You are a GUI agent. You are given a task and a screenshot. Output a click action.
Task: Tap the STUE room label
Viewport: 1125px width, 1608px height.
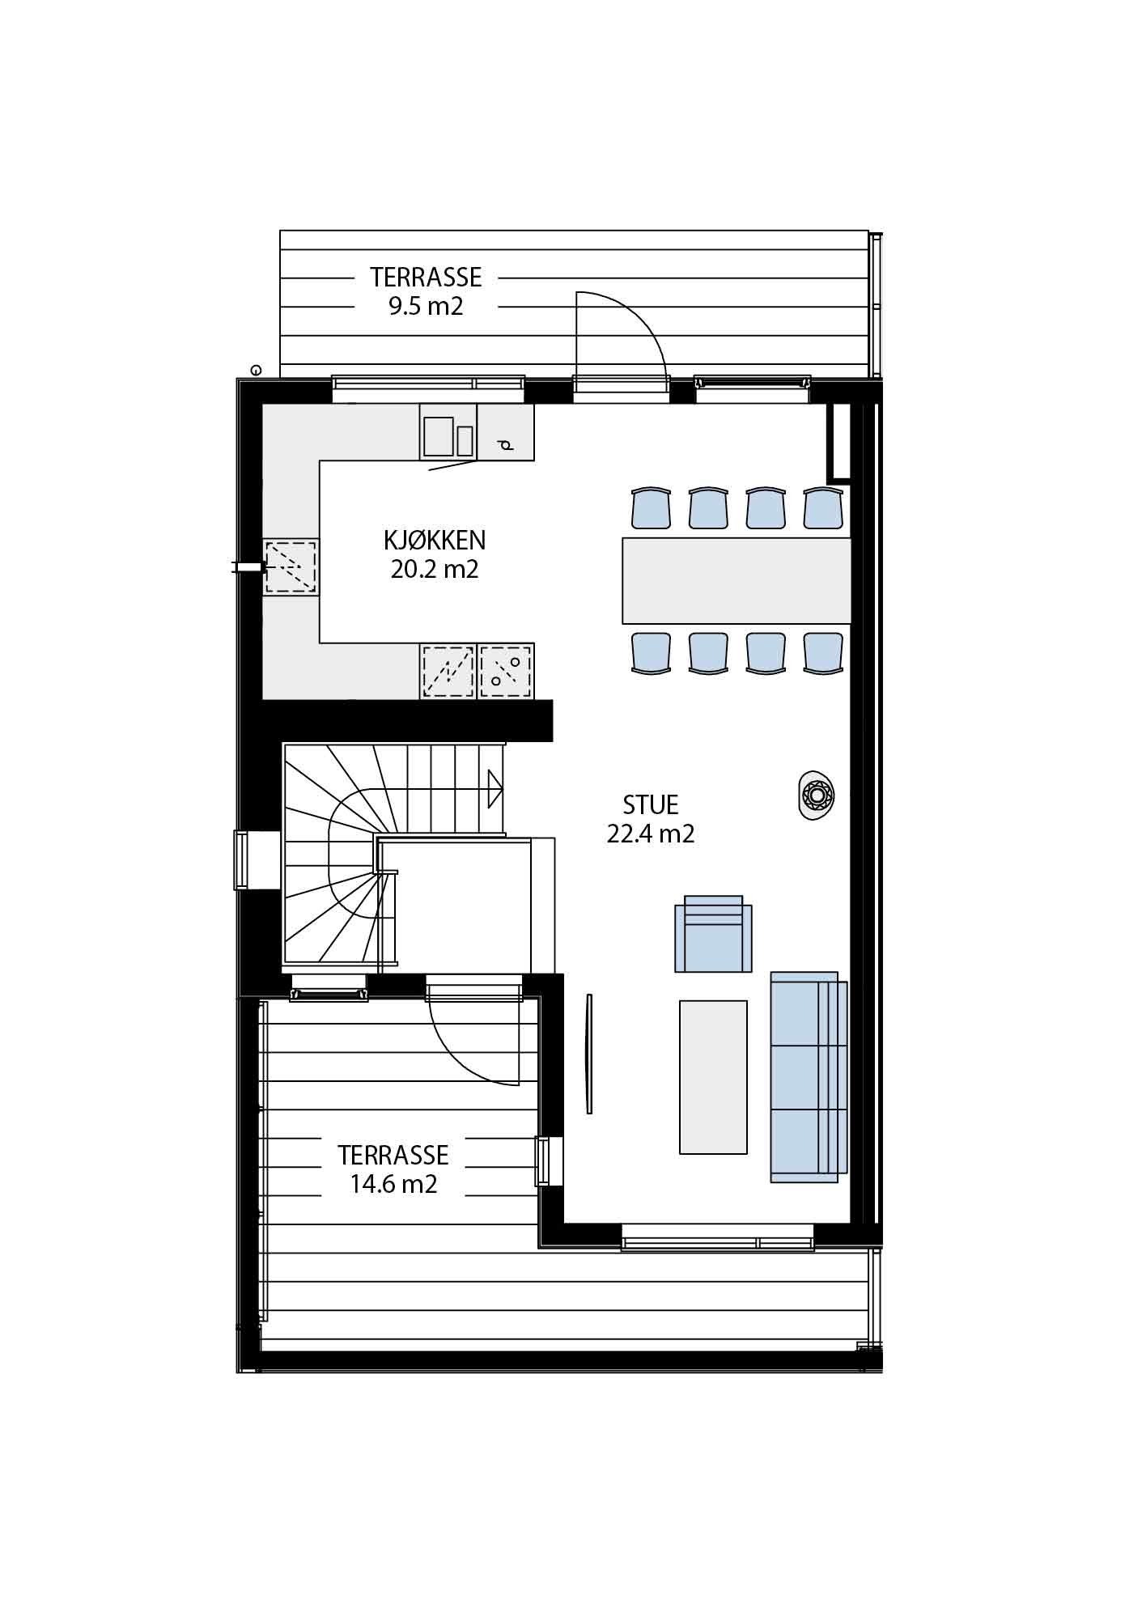(x=650, y=804)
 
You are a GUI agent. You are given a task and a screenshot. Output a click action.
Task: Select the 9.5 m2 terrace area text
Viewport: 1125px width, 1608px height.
(x=426, y=307)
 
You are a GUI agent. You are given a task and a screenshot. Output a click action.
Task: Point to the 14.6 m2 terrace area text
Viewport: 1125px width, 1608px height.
(x=393, y=1184)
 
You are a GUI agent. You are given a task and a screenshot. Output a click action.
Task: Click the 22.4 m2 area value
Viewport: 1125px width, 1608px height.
(x=650, y=834)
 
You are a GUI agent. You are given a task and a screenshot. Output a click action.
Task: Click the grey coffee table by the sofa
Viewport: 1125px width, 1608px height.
(x=712, y=1076)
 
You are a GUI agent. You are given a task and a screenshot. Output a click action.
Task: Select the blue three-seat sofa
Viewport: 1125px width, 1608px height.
(x=807, y=1076)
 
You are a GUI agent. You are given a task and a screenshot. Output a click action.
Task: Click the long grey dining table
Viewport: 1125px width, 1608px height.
(x=736, y=580)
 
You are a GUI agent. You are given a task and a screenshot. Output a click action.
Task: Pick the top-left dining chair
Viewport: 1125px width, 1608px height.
(x=651, y=507)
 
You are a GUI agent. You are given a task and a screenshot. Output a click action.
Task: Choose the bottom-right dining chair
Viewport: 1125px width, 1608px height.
(x=822, y=652)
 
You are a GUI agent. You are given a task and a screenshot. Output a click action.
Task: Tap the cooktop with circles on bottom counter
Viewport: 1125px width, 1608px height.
(x=506, y=671)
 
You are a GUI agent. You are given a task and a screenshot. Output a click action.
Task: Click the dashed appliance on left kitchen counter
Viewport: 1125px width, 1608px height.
(x=291, y=567)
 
